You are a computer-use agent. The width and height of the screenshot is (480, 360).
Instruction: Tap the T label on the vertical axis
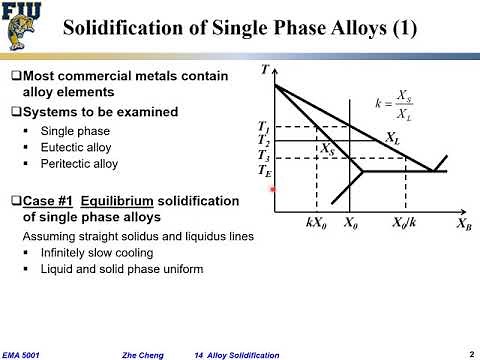(x=264, y=70)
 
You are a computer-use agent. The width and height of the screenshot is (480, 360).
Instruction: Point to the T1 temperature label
(x=263, y=127)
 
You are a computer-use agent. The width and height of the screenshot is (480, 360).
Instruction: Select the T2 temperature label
(x=263, y=141)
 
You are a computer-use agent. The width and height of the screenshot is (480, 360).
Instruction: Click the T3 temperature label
(x=263, y=155)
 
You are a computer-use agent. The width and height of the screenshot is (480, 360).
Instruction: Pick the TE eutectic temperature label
(x=263, y=171)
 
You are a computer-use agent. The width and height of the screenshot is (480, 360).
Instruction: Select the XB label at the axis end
(x=464, y=225)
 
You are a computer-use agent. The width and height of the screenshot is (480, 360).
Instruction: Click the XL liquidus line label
(x=394, y=138)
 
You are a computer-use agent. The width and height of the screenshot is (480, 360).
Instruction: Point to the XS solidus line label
(x=328, y=149)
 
